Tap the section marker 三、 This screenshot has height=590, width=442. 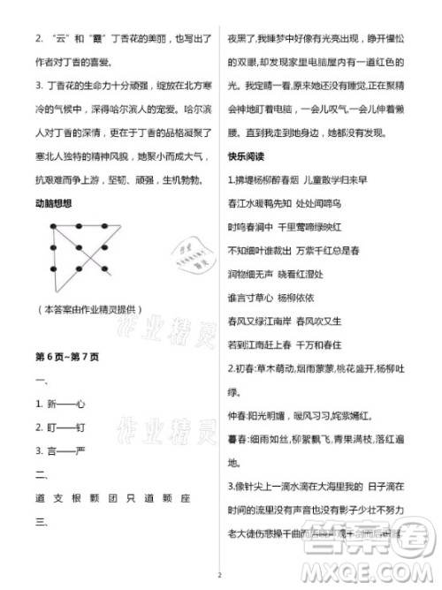pyautogui.click(x=41, y=520)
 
